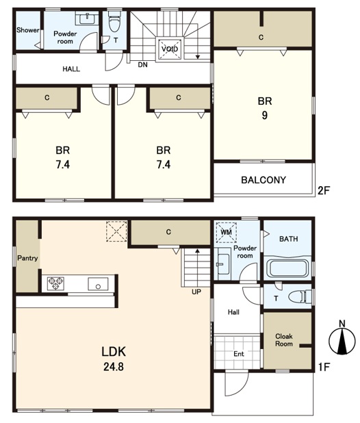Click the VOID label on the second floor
pos(170,49)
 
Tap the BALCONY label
pos(263,180)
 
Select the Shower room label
pos(28,30)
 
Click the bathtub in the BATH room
pos(287,268)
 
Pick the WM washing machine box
pos(227,232)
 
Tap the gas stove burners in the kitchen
pos(56,283)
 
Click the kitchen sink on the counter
pos(98,284)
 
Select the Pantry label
pos(27,258)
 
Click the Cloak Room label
pos(284,340)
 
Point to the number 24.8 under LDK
pos(114,367)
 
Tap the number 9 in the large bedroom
pos(265,116)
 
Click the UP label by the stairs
pos(196,292)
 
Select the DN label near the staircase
pos(142,65)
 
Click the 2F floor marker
pos(324,191)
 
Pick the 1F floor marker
pos(324,367)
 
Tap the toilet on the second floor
pos(114,21)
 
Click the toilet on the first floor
pos(300,297)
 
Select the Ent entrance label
pos(239,354)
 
